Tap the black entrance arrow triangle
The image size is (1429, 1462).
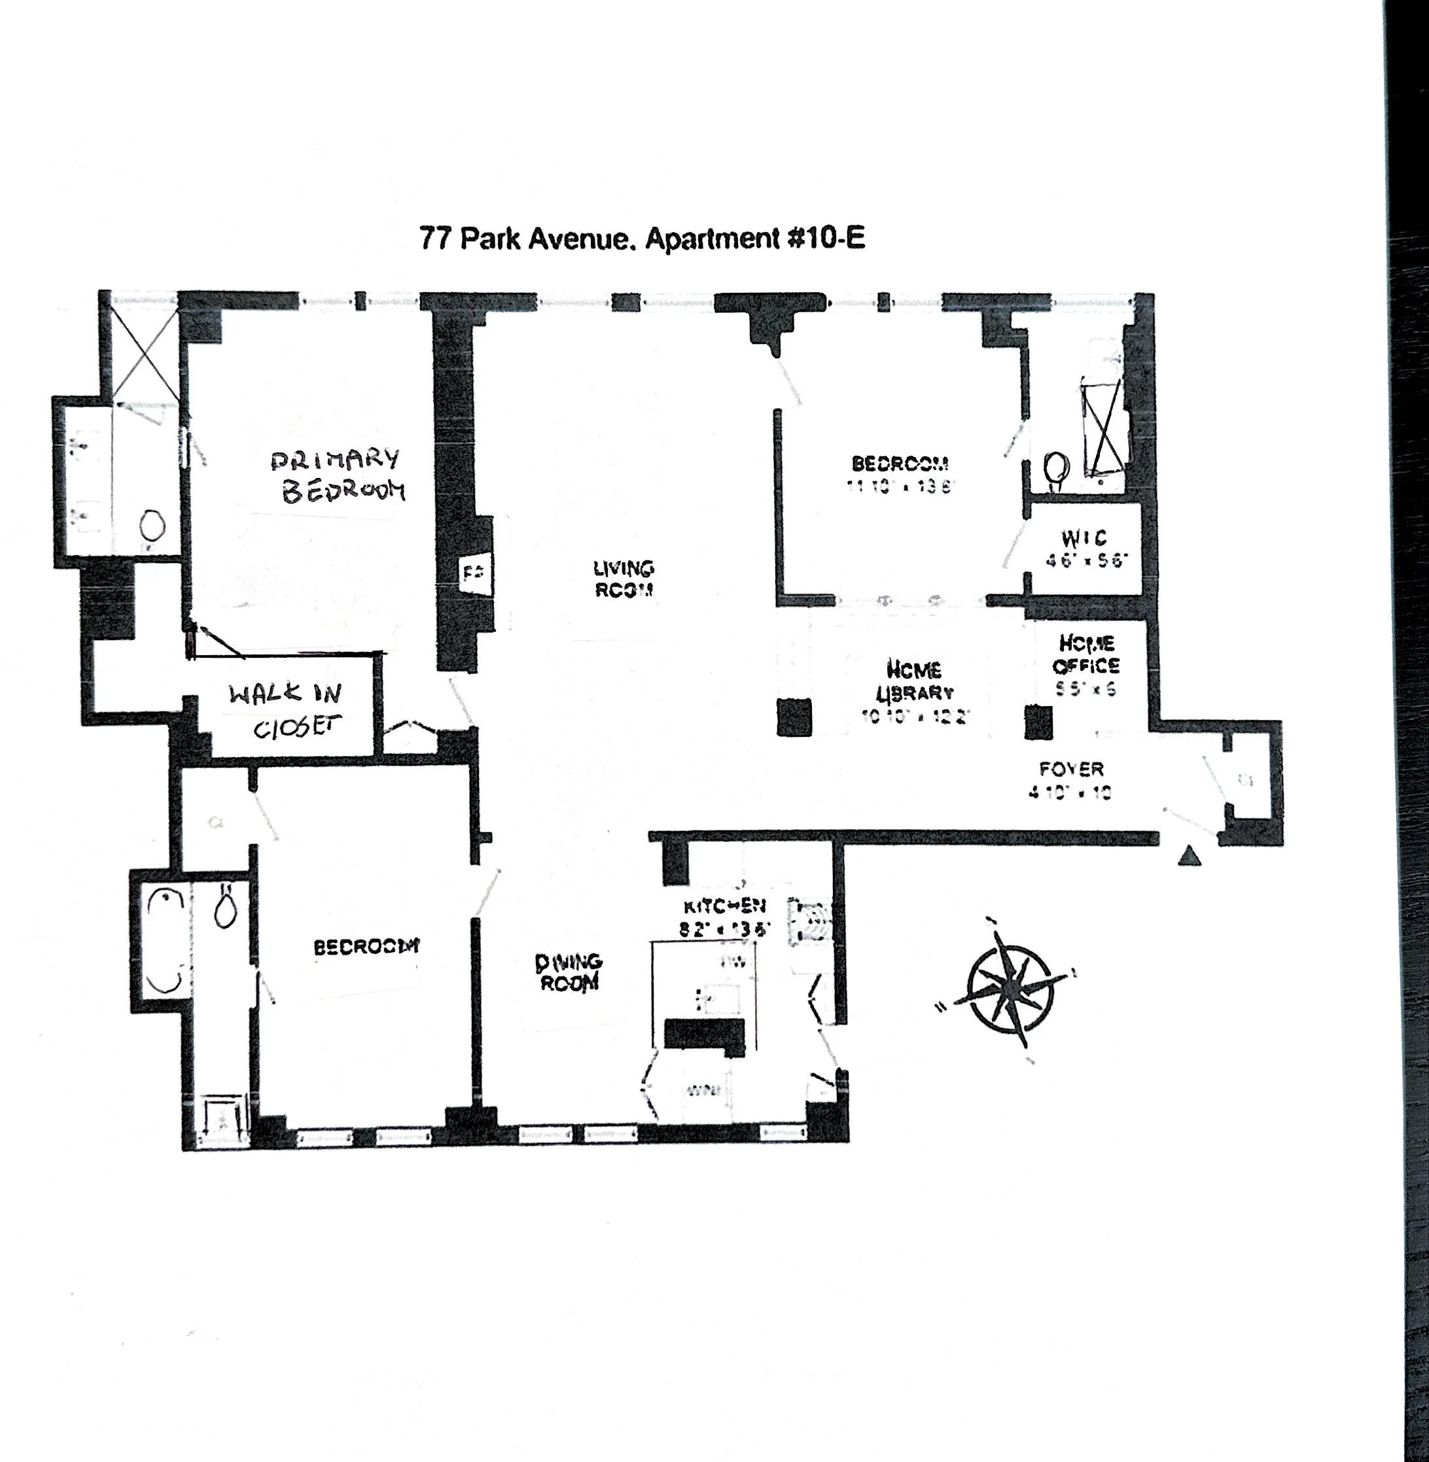[x=1189, y=856]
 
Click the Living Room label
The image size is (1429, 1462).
[x=623, y=579]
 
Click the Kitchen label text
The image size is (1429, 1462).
[x=724, y=906]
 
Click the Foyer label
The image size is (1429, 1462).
[x=1071, y=769]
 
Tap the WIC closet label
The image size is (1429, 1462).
[x=1084, y=538]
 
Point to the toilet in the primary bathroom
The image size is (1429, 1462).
[x=152, y=525]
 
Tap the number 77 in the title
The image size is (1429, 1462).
[x=434, y=239]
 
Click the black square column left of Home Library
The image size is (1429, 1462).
[x=793, y=717]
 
